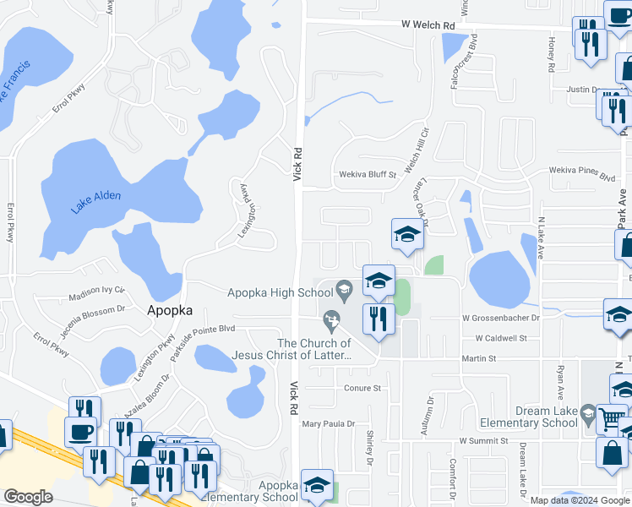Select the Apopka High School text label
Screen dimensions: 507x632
point(281,293)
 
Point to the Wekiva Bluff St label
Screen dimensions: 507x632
point(368,175)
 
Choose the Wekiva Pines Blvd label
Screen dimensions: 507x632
point(583,177)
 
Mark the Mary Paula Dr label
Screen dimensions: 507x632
point(328,423)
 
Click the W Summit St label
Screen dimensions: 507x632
point(486,441)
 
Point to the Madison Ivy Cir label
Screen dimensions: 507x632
point(95,298)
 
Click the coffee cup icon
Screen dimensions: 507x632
point(82,431)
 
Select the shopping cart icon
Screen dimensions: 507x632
point(612,417)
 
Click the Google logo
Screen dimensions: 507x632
point(28,498)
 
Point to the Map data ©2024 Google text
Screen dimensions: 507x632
point(580,500)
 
